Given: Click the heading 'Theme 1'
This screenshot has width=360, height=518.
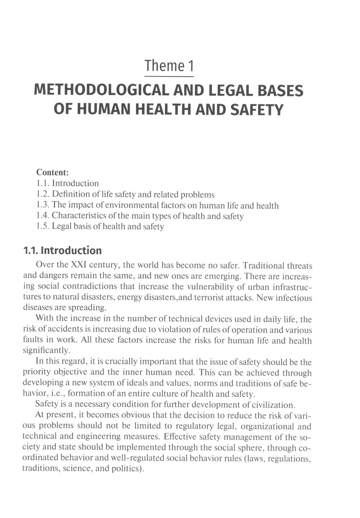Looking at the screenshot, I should point(169,66).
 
